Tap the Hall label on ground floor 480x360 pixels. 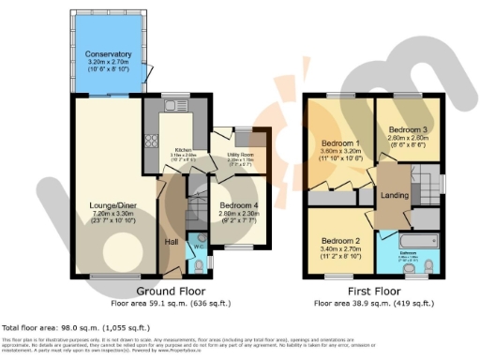pos(172,242)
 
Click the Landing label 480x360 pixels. pos(394,195)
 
